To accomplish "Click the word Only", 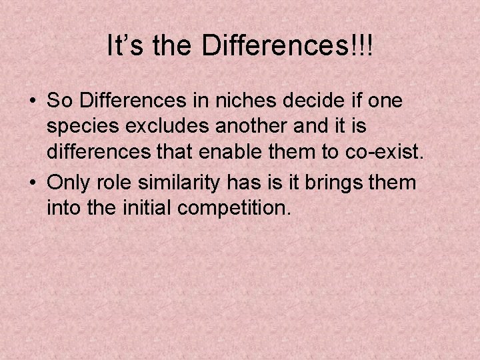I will (x=66, y=182).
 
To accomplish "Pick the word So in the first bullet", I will (x=59, y=101).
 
